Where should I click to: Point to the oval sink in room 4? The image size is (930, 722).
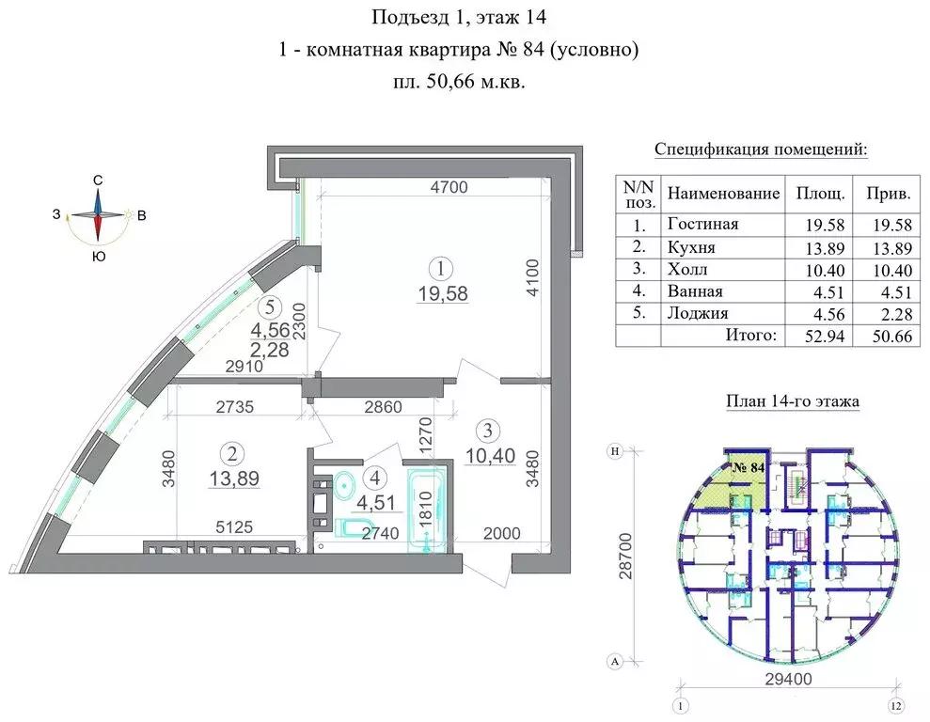click(x=345, y=484)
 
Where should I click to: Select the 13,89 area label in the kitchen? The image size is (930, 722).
click(x=234, y=479)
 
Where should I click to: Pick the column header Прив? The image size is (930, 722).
click(x=888, y=194)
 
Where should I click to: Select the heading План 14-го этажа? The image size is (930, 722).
click(x=792, y=402)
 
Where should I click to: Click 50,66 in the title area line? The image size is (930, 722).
click(x=450, y=82)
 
